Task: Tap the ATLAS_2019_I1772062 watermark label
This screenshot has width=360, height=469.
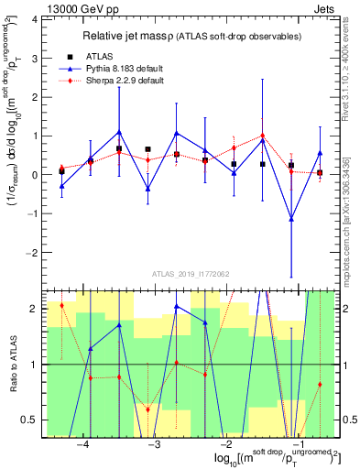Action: coord(189,274)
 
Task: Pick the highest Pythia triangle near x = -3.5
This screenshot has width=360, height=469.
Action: coord(119,131)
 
